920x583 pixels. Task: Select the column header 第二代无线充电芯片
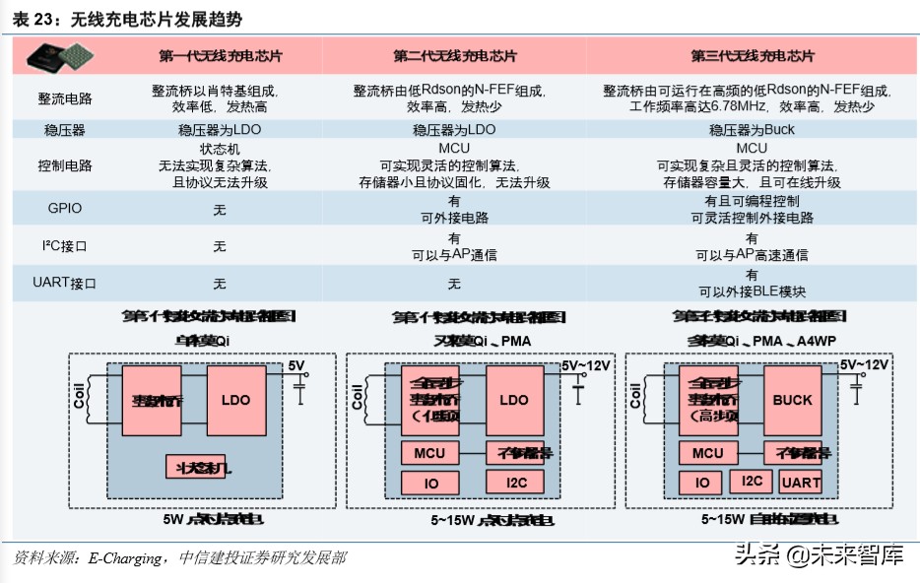454,56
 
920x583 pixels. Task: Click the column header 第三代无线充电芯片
752,56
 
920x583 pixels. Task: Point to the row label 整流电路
65,98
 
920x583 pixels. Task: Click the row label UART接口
65,284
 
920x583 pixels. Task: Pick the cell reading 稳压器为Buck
752,130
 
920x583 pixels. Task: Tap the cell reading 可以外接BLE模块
752,291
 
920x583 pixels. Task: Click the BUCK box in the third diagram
792,400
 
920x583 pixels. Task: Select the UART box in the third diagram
800,482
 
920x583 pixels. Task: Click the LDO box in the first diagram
235,400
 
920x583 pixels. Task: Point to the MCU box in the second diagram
428,453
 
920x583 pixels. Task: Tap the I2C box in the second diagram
515,482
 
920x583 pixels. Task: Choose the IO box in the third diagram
702,483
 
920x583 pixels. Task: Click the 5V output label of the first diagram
296,366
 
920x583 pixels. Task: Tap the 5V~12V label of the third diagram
864,364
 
